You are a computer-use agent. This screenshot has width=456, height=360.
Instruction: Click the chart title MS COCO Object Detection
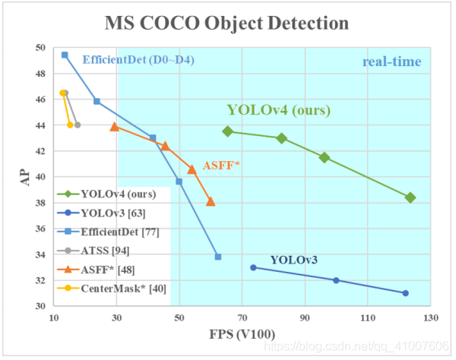pyautogui.click(x=228, y=23)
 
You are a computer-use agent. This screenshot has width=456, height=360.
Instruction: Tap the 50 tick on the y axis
pyautogui.click(x=41, y=48)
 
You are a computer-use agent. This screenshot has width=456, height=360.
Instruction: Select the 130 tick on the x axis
pyautogui.click(x=431, y=318)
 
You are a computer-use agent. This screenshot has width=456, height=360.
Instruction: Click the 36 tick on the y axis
pyautogui.click(x=41, y=229)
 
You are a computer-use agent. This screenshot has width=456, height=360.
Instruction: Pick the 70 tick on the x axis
pyautogui.click(x=242, y=318)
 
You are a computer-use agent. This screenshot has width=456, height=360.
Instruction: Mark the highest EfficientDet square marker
pyautogui.click(x=65, y=55)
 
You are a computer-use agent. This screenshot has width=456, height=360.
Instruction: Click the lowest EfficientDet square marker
pyautogui.click(x=218, y=257)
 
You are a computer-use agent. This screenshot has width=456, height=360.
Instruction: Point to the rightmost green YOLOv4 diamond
pyautogui.click(x=410, y=197)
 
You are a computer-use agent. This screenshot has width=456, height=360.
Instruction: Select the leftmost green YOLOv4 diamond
pyautogui.click(x=227, y=131)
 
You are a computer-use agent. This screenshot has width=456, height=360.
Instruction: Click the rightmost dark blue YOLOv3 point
pyautogui.click(x=405, y=293)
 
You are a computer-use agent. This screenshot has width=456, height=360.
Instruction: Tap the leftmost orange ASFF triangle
pyautogui.click(x=114, y=127)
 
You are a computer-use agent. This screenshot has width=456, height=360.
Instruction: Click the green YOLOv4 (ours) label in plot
pyautogui.click(x=278, y=111)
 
